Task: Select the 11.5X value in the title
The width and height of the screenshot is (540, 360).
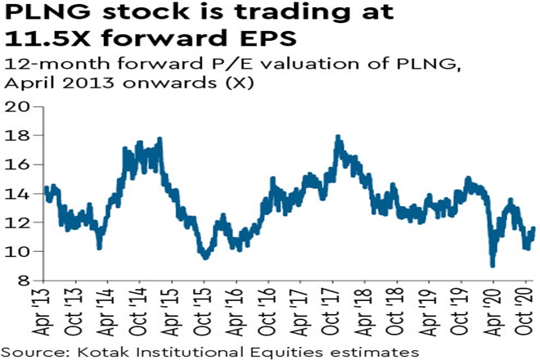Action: point(44,41)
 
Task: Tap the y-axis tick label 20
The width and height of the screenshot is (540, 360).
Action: point(18,106)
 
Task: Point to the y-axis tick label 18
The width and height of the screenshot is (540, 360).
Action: point(18,135)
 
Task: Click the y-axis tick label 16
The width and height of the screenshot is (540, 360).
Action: point(18,164)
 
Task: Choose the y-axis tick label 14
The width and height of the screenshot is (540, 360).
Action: point(18,194)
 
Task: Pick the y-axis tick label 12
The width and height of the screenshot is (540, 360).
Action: point(18,223)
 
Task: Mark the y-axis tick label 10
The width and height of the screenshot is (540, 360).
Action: point(18,251)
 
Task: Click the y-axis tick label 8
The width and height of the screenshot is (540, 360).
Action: point(23,281)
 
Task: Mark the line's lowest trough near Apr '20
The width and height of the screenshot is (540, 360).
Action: point(493,265)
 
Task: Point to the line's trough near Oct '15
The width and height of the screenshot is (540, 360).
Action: point(205,258)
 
